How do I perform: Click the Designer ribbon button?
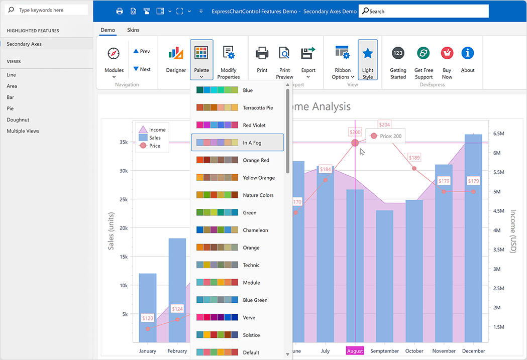[176, 60]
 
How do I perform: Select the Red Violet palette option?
[237, 125]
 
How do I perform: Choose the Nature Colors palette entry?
[237, 195]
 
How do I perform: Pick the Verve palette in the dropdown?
[237, 317]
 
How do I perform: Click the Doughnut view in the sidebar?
[18, 120]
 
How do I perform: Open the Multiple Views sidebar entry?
[23, 131]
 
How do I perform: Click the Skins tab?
[133, 30]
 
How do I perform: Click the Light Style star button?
[368, 60]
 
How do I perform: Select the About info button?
[468, 60]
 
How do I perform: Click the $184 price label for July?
[325, 170]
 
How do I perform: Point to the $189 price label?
[414, 158]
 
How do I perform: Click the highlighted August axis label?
[355, 351]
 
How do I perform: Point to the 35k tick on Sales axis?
[123, 142]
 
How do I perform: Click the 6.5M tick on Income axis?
[499, 134]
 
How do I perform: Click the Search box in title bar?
[424, 11]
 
